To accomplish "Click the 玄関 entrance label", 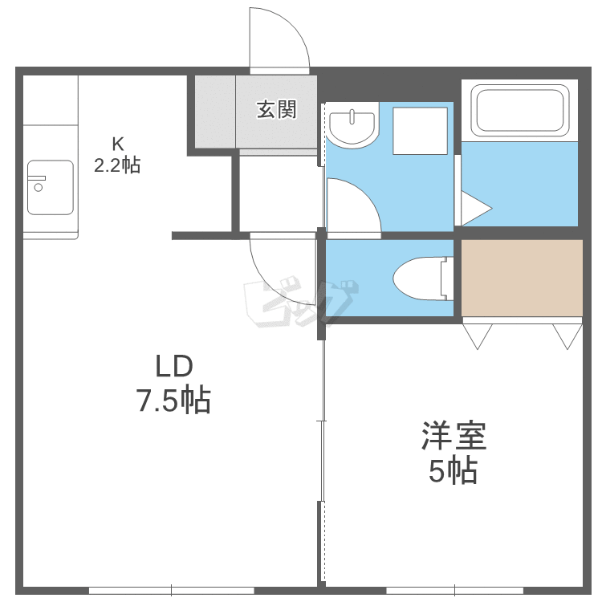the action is tap(276, 110).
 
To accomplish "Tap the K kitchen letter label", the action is tap(118, 144).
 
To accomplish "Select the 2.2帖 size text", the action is tap(117, 165).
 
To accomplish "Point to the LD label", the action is tap(174, 366).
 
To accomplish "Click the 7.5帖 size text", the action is tap(174, 401).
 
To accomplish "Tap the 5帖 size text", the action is tap(453, 470).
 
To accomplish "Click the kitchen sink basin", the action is tap(51, 187).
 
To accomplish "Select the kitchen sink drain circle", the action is tap(39, 187).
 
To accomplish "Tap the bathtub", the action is tap(520, 111).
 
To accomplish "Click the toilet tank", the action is tap(447, 279).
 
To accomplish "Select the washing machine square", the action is tap(420, 131).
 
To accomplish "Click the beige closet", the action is tap(522, 278).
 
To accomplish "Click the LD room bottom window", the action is tap(172, 590).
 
